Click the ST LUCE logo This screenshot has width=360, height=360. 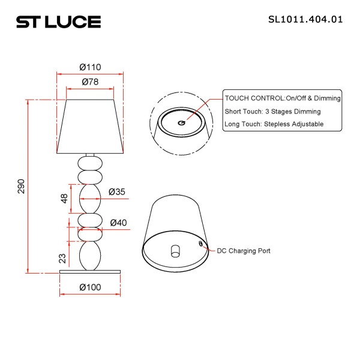pos(58,22)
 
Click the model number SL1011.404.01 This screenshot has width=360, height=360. pos(305,19)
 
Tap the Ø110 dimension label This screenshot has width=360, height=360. pos(90,67)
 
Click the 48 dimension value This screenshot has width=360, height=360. pos(64,199)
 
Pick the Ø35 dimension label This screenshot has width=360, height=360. pos(117,192)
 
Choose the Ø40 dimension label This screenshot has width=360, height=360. pos(118,223)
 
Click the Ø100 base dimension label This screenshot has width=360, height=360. pos(90,287)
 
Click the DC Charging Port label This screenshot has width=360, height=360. pos(243,251)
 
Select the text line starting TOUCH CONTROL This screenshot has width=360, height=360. pos(283,98)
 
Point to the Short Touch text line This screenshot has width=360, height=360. pos(272,111)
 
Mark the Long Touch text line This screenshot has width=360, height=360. pos(274,124)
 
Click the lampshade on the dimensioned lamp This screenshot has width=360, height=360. pos(90,123)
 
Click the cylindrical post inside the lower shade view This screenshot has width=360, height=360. pos(175,250)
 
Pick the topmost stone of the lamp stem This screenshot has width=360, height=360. pos(90,163)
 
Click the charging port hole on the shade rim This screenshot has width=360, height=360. pos(202,243)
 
